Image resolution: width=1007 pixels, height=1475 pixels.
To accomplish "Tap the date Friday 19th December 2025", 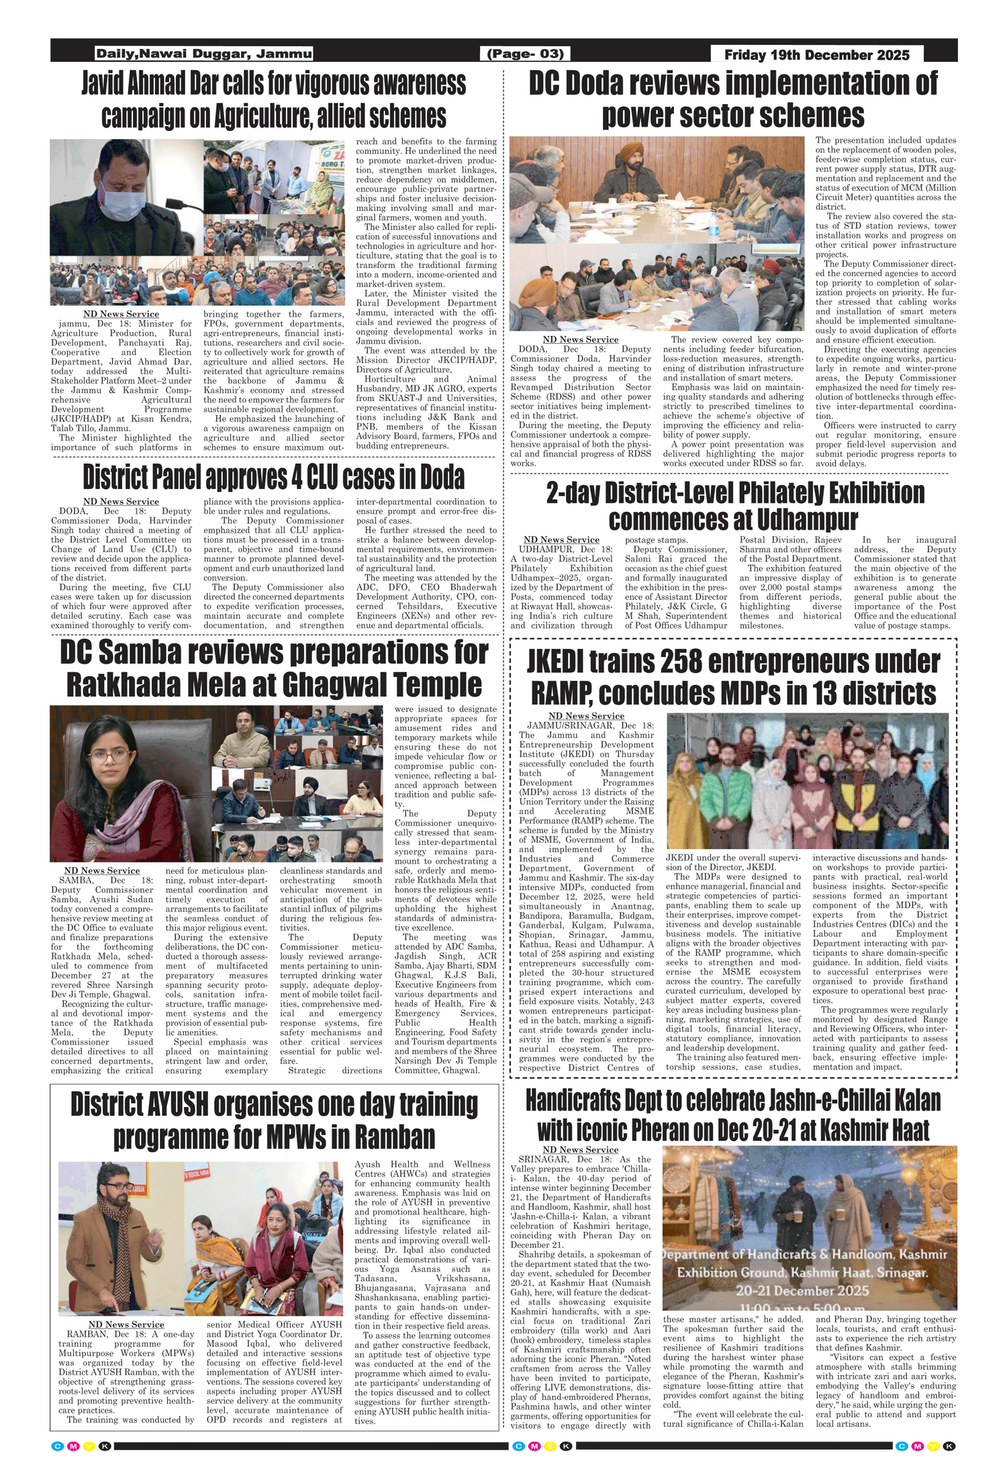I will click(x=816, y=54).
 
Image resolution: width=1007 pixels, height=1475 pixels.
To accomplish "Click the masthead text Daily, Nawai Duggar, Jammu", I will click(x=203, y=54).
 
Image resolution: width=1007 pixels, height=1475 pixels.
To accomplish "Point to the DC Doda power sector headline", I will click(x=733, y=99).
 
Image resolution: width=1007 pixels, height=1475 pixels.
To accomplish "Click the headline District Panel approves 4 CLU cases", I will click(x=274, y=477).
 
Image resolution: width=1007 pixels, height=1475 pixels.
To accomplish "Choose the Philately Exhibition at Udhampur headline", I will click(x=734, y=506).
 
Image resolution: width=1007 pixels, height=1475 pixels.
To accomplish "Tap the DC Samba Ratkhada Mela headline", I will click(x=274, y=668).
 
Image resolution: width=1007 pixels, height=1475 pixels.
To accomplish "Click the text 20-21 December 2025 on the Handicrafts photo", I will click(x=802, y=1291).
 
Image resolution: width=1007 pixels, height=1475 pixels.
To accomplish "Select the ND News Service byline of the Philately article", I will click(x=561, y=539).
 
